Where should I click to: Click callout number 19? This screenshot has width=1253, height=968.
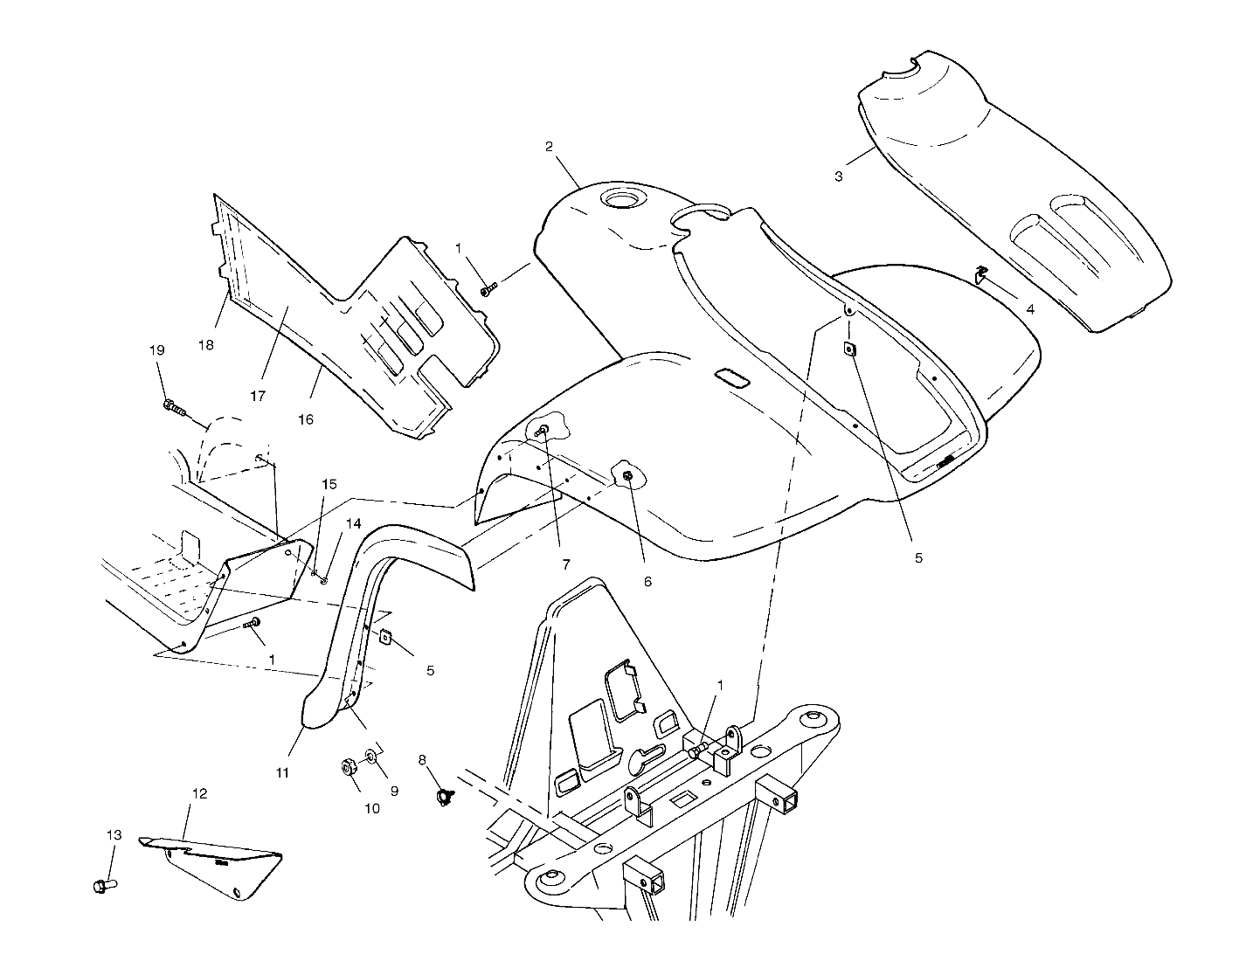pos(156,350)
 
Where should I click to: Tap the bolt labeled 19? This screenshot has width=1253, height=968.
pos(174,406)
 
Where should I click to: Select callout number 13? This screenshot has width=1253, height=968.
pos(114,835)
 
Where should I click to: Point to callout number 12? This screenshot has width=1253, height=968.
pos(200,794)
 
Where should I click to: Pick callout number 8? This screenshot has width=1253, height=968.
pos(422,760)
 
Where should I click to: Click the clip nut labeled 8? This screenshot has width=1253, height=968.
pos(447,796)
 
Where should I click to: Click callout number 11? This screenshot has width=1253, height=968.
pos(282,772)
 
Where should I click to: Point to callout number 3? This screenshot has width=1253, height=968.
pos(838,176)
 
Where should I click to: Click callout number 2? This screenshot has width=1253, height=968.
pos(549,146)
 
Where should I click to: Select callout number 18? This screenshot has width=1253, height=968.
pos(205,345)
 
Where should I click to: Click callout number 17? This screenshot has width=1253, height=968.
pos(257,396)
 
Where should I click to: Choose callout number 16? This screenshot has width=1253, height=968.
pos(305,419)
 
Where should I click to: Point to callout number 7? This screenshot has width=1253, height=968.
pos(565,564)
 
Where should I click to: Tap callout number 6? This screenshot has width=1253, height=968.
pos(647,581)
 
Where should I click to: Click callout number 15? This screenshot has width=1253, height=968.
pos(328,484)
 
